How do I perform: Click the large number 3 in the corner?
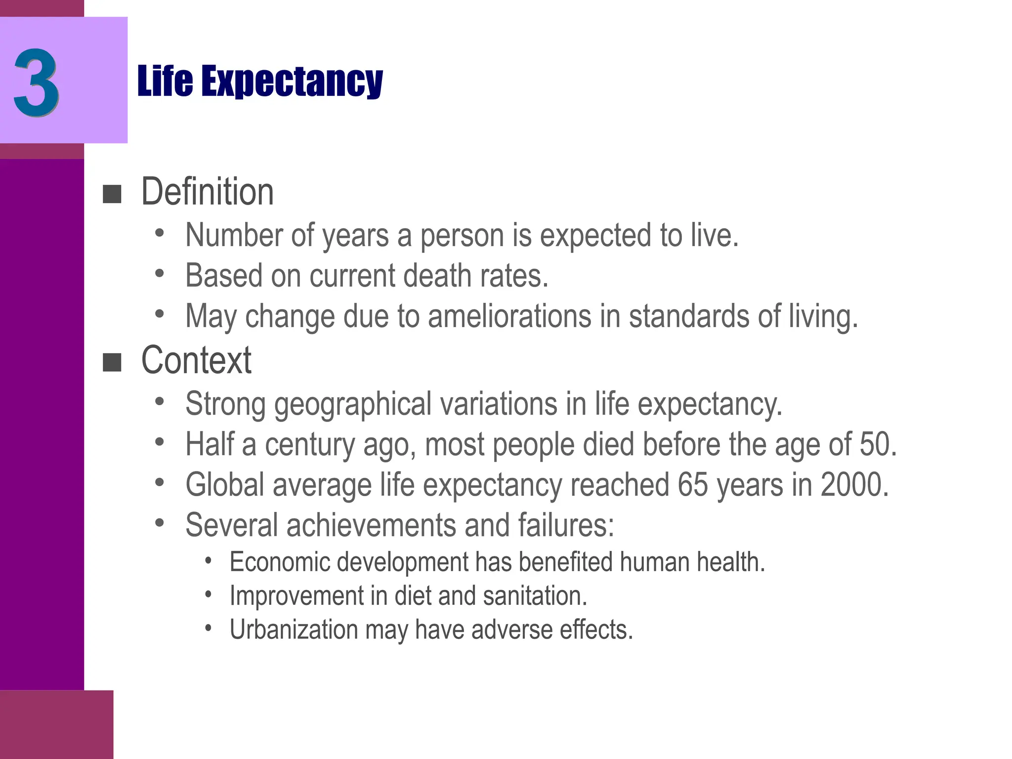[x=37, y=82]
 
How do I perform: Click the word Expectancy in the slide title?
[x=292, y=81]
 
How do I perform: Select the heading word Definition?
[x=207, y=192]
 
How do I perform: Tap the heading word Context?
[x=196, y=360]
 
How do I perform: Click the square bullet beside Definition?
[x=112, y=194]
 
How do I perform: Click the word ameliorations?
[x=509, y=316]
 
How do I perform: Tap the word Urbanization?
[x=294, y=630]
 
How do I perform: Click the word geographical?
[x=353, y=404]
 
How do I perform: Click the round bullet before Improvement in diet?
[x=209, y=594]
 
